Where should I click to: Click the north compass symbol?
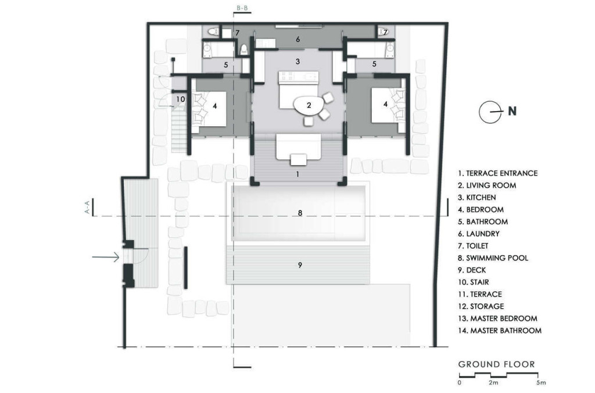tap(489, 112)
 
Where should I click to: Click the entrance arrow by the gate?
tap(106, 258)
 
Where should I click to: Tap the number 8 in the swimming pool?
tap(300, 213)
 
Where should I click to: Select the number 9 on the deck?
tap(300, 265)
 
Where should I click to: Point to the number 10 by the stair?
tap(180, 99)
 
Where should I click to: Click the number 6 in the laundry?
tap(298, 39)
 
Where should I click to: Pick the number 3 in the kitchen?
tap(298, 61)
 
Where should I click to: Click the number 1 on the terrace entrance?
tap(298, 174)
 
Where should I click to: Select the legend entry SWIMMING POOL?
tap(493, 258)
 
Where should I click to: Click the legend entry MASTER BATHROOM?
tap(500, 331)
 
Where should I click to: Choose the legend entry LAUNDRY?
tap(479, 234)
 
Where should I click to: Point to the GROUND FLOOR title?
tap(497, 365)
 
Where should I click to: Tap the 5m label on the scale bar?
tap(541, 383)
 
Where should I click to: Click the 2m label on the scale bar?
tap(493, 383)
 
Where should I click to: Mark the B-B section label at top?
tap(242, 8)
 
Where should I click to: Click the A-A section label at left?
tap(88, 208)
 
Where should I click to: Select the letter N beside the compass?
tap(512, 111)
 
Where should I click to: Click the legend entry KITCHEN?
tap(476, 198)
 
